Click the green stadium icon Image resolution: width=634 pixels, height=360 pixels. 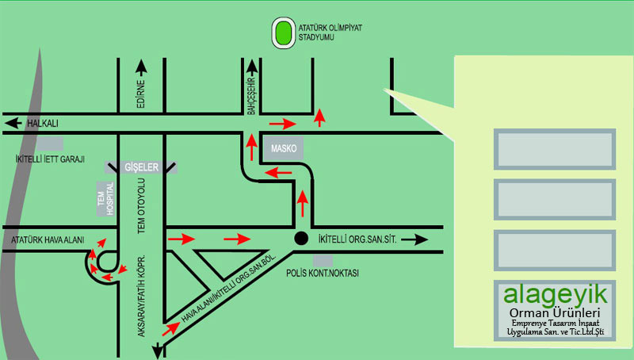[284, 33]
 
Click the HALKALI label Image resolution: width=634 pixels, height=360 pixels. [43, 124]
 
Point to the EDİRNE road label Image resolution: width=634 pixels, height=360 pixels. [141, 94]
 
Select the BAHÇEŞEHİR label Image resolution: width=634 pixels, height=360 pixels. [250, 96]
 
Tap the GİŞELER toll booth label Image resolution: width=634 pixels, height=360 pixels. [143, 167]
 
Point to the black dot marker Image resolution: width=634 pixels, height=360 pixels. [300, 238]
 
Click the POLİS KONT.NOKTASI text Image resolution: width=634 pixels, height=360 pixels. [323, 273]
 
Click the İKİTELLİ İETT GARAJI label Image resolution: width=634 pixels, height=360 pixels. [50, 159]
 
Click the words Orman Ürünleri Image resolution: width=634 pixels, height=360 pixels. [555, 314]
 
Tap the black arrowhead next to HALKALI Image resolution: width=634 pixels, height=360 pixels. [11, 124]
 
